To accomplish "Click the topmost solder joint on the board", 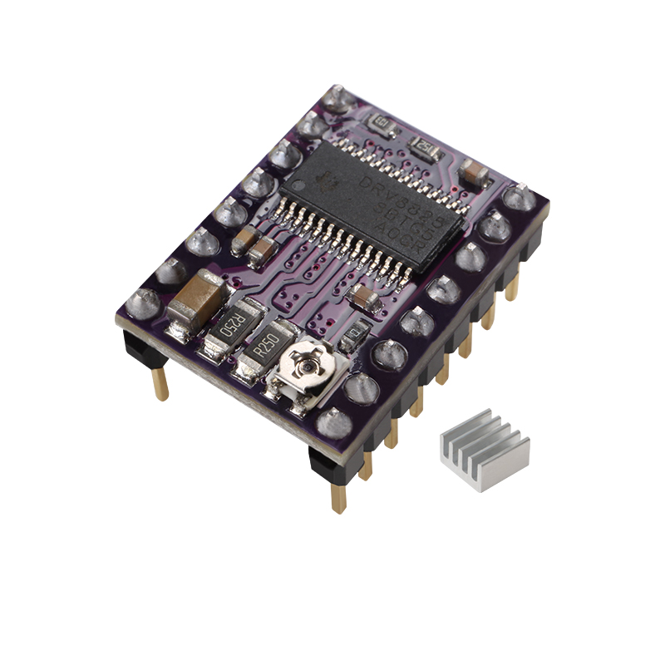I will point(342,98).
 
